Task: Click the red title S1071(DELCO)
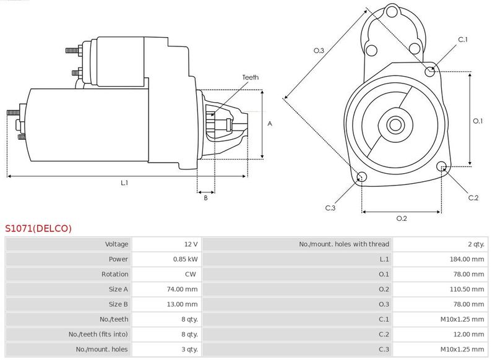point(38,228)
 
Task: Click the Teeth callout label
point(250,77)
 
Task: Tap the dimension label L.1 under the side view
point(124,182)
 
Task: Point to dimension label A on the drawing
point(270,124)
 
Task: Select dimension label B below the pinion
point(205,197)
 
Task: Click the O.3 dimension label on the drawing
point(319,51)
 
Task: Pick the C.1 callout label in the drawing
point(463,40)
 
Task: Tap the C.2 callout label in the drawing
point(473,197)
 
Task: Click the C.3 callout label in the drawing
point(330,208)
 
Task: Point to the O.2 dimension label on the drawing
point(402,218)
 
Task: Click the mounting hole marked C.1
point(431,72)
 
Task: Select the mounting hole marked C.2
point(442,166)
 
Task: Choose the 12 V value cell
point(191,244)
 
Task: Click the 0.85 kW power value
point(186,259)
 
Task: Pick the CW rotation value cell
point(192,274)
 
